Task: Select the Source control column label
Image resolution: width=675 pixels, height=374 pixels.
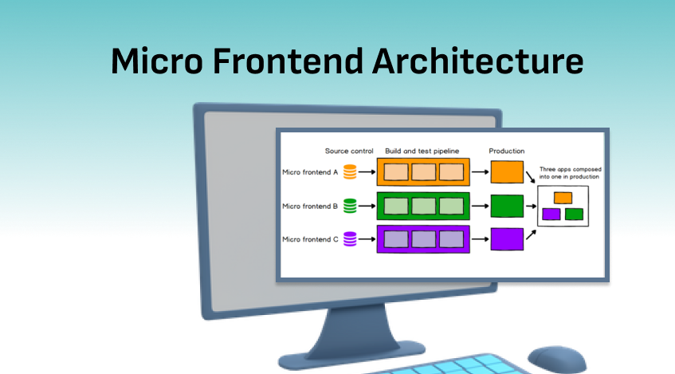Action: pyautogui.click(x=349, y=151)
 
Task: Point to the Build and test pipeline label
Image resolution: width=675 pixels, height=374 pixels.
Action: pyautogui.click(x=422, y=151)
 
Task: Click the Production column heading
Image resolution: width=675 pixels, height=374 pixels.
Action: pyautogui.click(x=507, y=151)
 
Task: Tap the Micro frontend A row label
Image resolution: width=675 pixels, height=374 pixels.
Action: pyautogui.click(x=311, y=171)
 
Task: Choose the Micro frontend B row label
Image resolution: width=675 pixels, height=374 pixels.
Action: pyautogui.click(x=311, y=206)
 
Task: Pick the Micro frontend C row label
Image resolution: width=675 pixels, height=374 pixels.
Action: pyautogui.click(x=311, y=239)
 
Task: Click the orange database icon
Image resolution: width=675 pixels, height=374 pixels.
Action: pyautogui.click(x=349, y=171)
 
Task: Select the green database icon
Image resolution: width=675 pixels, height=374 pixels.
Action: pyautogui.click(x=349, y=206)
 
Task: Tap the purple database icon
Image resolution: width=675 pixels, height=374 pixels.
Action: pyautogui.click(x=349, y=239)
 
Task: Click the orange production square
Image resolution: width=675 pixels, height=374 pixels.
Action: pyautogui.click(x=507, y=171)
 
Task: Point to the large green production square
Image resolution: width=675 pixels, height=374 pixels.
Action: pyautogui.click(x=507, y=206)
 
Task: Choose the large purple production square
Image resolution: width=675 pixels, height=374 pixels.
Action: pyautogui.click(x=507, y=239)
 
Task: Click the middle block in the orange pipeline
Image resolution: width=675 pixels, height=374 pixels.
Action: pyautogui.click(x=423, y=172)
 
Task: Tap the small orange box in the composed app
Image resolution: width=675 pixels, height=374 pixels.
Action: pyautogui.click(x=563, y=197)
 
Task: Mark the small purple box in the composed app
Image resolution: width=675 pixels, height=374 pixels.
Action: pyautogui.click(x=551, y=214)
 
